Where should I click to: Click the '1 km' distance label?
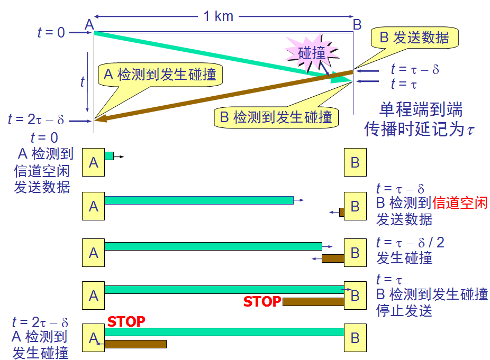(x=218, y=16)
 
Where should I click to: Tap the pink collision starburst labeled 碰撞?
(x=312, y=53)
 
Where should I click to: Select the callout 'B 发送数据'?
(x=414, y=38)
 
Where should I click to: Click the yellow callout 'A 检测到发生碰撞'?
(x=160, y=75)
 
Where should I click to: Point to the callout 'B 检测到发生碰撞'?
(x=276, y=117)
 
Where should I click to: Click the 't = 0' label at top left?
(x=51, y=32)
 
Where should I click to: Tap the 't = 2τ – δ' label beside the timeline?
(x=36, y=119)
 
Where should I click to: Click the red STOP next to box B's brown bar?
(x=262, y=302)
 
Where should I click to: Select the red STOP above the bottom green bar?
(x=126, y=321)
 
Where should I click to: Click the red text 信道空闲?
(x=460, y=203)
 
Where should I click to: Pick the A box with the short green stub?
(x=94, y=162)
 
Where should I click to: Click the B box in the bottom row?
(x=355, y=338)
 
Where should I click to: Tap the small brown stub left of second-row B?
(x=341, y=213)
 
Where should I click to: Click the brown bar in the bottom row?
(x=135, y=344)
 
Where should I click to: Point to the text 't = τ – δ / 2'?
(x=410, y=242)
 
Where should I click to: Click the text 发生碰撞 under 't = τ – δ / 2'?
(x=404, y=258)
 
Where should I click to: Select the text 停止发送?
(x=404, y=310)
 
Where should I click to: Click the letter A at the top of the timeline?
(x=89, y=24)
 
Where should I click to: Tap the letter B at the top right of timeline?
(x=357, y=24)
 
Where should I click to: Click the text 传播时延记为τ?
(x=420, y=128)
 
